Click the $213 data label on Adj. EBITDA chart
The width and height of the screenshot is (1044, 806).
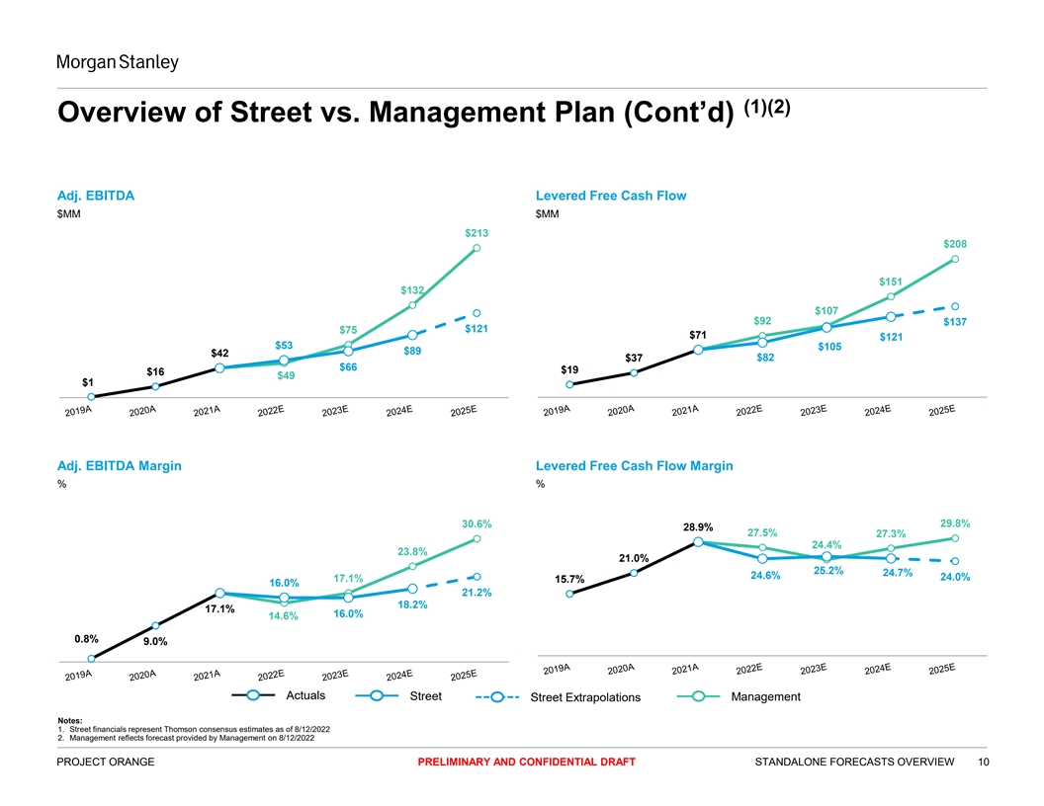[477, 233]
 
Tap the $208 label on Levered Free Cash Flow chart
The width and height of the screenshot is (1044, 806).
[955, 244]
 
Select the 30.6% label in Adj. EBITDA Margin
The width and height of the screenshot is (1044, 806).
[477, 524]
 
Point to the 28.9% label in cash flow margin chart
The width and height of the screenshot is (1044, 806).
[698, 526]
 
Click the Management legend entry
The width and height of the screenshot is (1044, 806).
[765, 697]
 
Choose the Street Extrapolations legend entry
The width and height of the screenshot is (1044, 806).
[585, 699]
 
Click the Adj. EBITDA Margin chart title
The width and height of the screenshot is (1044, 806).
[120, 465]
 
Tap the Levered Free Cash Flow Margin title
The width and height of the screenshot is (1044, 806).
[634, 465]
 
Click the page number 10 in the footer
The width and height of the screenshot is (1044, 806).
[983, 762]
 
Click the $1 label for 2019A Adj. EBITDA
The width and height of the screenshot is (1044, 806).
[88, 381]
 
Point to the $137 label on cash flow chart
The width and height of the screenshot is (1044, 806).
[955, 322]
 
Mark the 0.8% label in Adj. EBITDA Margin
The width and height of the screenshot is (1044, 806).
[86, 638]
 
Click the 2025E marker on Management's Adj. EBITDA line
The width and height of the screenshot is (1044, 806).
[477, 248]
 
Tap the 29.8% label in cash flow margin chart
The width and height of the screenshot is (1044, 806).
[955, 524]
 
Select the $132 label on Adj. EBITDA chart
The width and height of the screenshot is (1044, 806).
[412, 290]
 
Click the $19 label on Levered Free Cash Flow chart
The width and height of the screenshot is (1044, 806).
[569, 369]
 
